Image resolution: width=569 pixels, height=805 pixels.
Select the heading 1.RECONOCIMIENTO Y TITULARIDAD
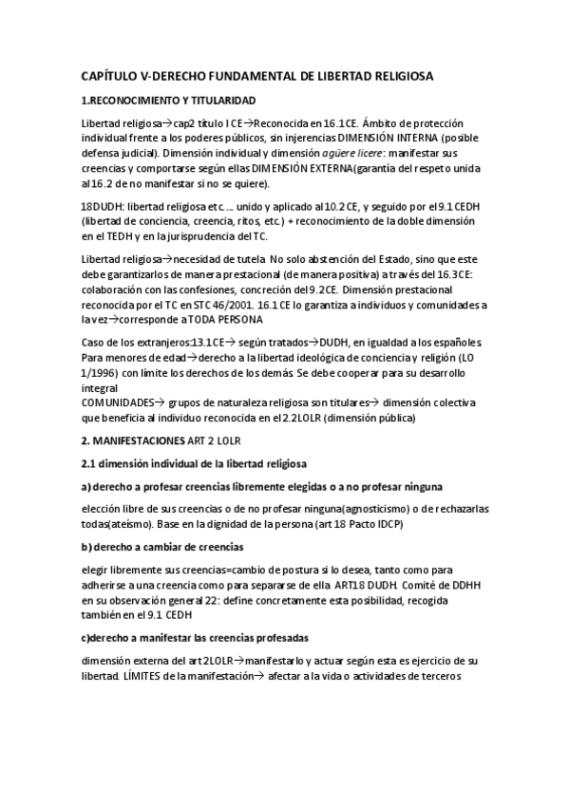[167, 100]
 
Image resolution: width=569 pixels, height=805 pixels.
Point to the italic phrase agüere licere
[351, 152]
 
